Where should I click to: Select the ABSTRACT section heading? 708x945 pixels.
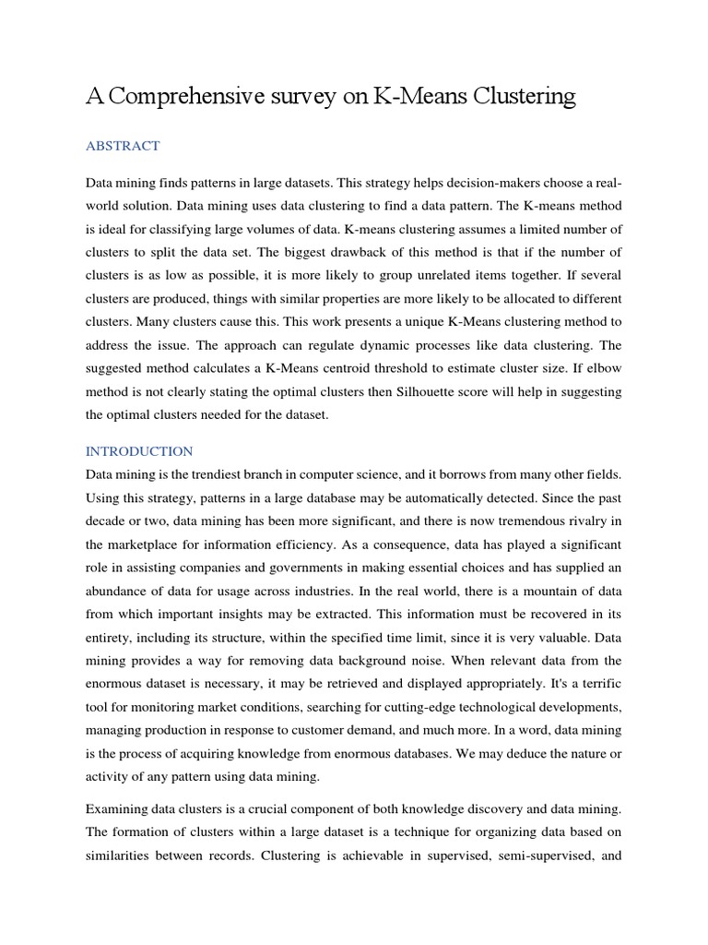point(123,146)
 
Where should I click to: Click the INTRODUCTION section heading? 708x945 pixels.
point(139,451)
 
